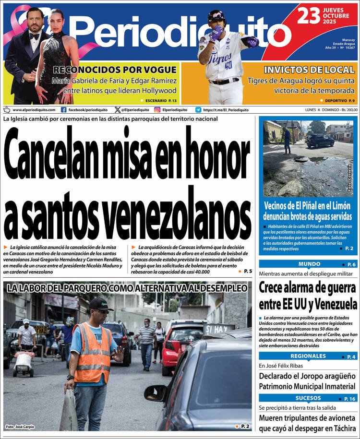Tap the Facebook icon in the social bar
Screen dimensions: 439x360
tap(63, 110)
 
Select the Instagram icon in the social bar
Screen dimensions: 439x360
tap(157, 110)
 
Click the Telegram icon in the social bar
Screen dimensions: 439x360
tap(198, 110)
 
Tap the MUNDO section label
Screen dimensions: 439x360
tap(309, 264)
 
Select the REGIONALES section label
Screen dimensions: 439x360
tap(308, 356)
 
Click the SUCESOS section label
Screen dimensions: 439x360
tap(308, 398)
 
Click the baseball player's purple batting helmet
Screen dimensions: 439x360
tap(216, 17)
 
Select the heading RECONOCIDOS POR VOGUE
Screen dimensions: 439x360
tap(115, 70)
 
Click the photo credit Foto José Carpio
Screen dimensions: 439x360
tap(20, 427)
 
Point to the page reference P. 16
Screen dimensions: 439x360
tap(349, 399)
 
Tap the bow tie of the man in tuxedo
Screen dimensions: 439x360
tap(34, 36)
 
